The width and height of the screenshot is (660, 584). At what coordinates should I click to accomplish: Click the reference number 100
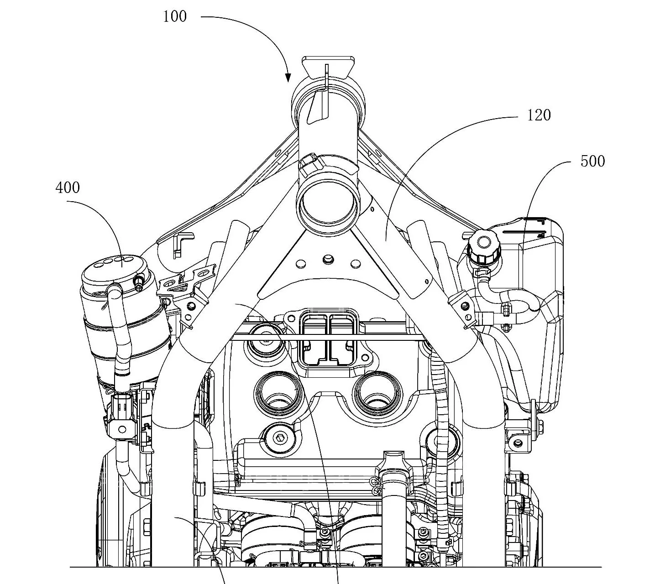point(175,16)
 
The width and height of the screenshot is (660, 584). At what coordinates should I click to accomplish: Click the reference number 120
point(539,115)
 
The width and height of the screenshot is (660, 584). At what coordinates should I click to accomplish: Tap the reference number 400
point(68,188)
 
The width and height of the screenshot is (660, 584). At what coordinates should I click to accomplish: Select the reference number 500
point(592,161)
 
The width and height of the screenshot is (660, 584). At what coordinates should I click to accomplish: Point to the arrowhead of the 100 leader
point(288,78)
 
